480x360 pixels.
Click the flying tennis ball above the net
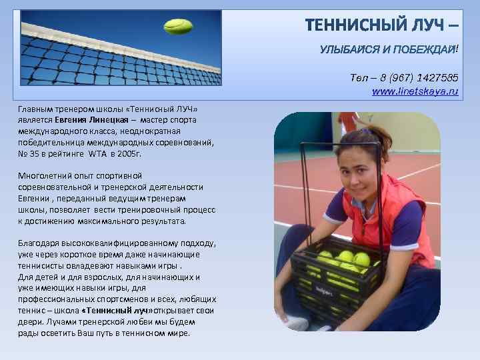[178, 27]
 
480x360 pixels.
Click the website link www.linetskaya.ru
[415, 90]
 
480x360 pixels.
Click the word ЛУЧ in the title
[421, 26]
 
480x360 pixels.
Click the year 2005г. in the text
[129, 153]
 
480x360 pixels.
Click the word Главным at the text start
[37, 108]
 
